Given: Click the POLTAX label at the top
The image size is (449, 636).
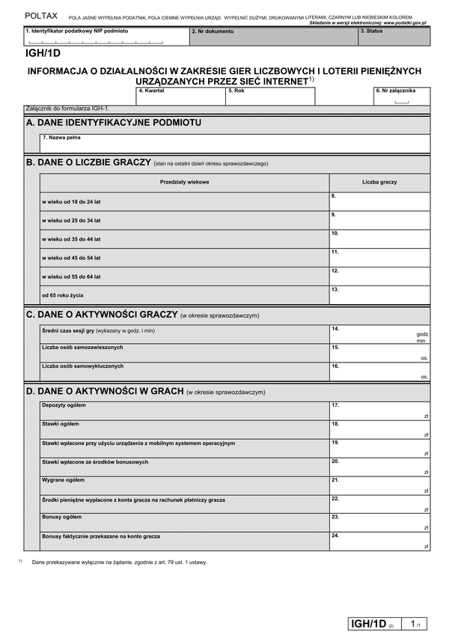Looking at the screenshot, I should (40, 15).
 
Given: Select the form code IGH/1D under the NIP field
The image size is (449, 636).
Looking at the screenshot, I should (43, 54).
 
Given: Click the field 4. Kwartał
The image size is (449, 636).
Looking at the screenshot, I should (180, 96).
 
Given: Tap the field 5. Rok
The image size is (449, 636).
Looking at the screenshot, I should (269, 96).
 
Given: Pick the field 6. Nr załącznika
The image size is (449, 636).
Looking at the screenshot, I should (401, 97).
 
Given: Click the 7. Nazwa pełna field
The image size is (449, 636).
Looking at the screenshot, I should (235, 143).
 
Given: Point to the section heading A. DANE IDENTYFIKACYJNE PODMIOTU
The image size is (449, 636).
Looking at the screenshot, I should (113, 122).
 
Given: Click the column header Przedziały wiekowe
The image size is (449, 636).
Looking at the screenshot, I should (184, 182).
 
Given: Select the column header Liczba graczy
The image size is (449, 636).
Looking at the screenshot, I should (379, 182).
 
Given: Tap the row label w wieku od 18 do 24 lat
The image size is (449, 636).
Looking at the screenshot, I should (71, 202).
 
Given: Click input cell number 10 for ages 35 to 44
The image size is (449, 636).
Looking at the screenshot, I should (379, 239).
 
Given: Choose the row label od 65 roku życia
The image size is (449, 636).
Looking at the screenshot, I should (63, 295).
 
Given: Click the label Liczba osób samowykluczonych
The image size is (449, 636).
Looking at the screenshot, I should (83, 366).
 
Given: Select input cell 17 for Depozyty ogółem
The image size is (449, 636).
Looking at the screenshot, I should (379, 410).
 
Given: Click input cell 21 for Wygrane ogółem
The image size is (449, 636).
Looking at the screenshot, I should (379, 485).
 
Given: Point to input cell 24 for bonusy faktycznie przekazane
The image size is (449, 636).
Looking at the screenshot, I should (379, 541).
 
